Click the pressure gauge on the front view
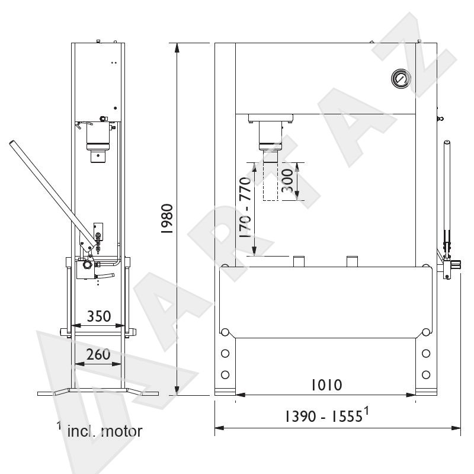click(401, 79)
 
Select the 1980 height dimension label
click(167, 219)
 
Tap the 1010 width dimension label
click(327, 385)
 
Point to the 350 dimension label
click(99, 316)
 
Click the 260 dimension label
click(98, 354)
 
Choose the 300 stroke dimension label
click(287, 181)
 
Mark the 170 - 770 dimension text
click(245, 207)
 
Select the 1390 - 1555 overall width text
click(327, 415)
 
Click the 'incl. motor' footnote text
click(104, 431)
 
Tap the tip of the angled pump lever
click(12, 142)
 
